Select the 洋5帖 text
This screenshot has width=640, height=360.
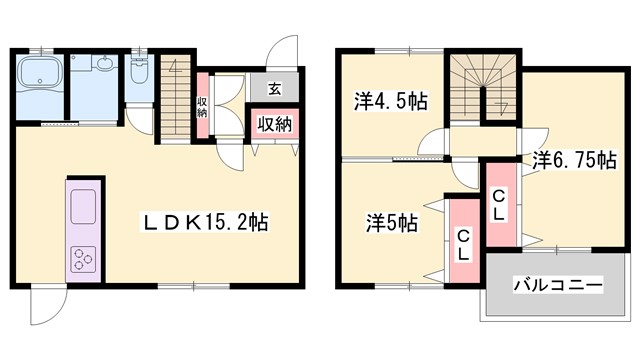389,222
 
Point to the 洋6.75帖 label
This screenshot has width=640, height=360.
573,159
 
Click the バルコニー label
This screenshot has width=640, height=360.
558,286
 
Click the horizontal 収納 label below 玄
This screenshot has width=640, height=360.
274,124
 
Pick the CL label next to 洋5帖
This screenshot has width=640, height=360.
463,245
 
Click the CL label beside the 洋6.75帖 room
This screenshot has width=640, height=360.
498,206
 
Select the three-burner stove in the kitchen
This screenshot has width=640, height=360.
82,261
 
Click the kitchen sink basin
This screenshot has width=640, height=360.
81,204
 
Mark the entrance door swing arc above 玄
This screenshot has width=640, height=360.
286,56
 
